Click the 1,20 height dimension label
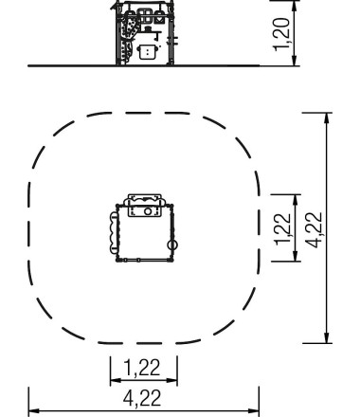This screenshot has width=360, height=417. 281,34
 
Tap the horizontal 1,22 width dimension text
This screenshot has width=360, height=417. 142,368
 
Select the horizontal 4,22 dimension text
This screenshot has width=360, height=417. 142,398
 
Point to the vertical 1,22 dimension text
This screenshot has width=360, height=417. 282,229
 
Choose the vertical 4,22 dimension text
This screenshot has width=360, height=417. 315,229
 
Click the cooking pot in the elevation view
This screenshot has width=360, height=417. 148,51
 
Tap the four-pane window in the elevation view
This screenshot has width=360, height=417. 145,16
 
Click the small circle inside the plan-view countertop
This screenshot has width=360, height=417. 148,211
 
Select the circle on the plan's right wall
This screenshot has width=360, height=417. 172,245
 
